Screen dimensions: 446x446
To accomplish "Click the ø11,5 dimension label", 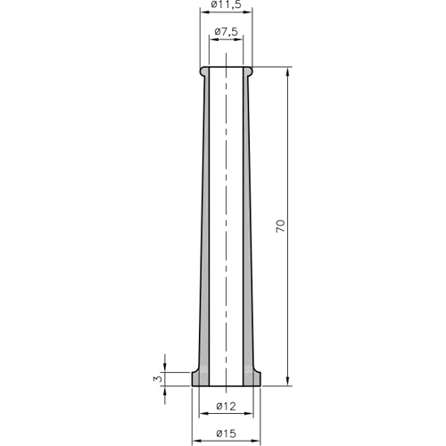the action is (x=226, y=4).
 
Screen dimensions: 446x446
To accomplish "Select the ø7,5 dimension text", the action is (x=226, y=31).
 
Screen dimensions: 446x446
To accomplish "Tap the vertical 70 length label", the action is (x=280, y=227).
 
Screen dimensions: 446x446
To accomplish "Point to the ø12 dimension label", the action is (x=226, y=406).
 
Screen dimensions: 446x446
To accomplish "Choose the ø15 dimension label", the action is (x=226, y=434).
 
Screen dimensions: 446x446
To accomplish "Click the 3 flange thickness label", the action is (x=159, y=379).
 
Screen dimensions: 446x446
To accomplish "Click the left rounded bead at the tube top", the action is (x=204, y=71).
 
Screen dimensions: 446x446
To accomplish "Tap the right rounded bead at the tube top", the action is (x=248, y=71).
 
